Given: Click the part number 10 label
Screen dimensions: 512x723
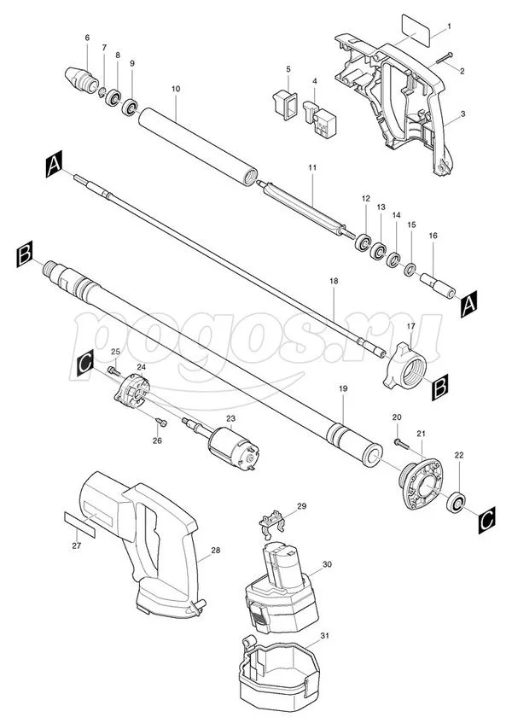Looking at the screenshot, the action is (176, 89).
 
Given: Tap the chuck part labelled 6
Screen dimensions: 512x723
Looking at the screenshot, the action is (81, 79).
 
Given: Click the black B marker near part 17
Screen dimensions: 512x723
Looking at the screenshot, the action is (440, 388).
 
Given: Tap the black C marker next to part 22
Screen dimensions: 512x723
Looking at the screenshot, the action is (486, 520).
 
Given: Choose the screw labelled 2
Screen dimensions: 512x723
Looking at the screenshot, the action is (442, 59).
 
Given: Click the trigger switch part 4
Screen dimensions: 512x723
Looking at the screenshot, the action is (319, 118).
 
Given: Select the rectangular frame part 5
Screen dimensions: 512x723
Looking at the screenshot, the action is (283, 105).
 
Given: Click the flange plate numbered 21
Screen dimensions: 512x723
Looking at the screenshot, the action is (421, 484).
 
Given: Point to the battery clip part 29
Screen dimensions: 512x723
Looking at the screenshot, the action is (272, 523).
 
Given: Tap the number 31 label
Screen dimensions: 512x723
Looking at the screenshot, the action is (325, 636).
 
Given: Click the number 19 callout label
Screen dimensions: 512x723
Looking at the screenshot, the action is (343, 388).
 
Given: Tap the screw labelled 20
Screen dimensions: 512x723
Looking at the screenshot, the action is (401, 444).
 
